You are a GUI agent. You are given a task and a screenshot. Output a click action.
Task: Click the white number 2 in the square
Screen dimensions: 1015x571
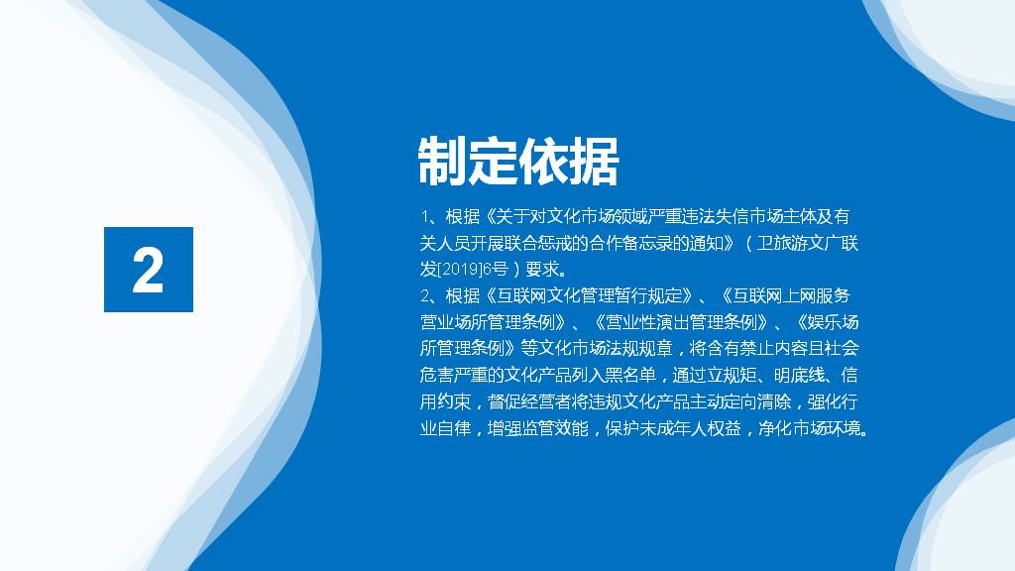(x=148, y=270)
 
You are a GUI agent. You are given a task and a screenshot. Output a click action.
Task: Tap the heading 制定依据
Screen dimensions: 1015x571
(x=518, y=162)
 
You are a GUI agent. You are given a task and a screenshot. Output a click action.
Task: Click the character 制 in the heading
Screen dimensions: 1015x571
(x=443, y=162)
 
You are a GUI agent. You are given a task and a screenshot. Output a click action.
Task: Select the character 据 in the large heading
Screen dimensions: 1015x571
(x=595, y=162)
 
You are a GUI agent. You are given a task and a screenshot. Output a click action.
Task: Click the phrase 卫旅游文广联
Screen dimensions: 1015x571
(x=808, y=244)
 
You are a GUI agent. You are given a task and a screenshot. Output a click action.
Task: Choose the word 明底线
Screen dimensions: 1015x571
(x=800, y=376)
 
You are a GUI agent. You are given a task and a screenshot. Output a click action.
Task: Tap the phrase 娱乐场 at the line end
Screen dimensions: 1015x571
(x=834, y=322)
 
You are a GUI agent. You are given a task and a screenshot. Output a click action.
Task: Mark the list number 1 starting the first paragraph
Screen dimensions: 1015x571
(x=424, y=217)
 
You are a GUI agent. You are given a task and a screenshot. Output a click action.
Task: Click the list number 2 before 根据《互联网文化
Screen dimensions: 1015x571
(x=425, y=296)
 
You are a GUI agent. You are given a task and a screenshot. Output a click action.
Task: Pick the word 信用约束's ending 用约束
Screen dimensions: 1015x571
(x=445, y=402)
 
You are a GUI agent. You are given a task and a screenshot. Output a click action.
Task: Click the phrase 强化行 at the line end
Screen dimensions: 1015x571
(x=833, y=402)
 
